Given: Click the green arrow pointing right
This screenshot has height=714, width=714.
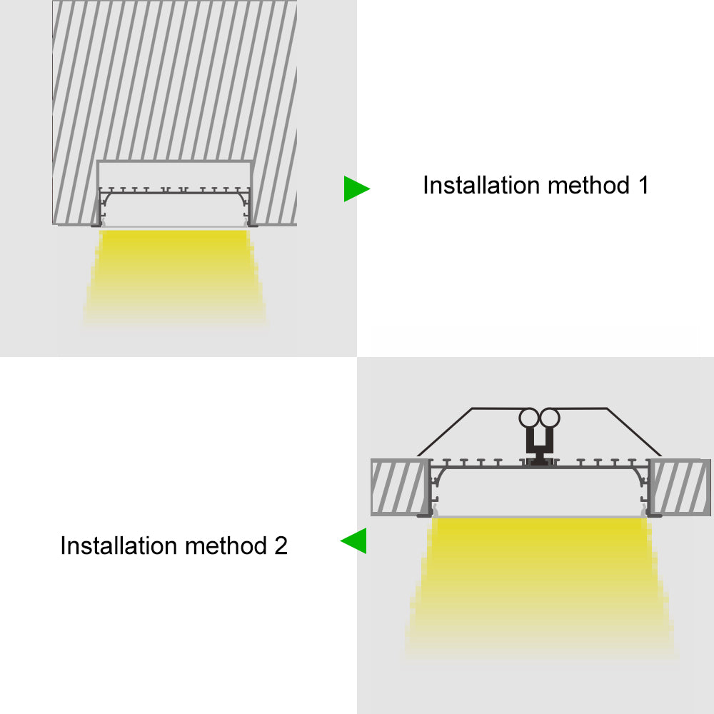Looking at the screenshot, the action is point(355,188).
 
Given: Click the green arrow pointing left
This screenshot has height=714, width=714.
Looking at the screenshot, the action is point(355,541).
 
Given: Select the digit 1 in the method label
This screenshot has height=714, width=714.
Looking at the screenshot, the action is point(643,186).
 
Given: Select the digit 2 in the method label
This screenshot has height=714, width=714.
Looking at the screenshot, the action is point(281,545).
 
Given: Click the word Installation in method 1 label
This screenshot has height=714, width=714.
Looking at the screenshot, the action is point(482,186).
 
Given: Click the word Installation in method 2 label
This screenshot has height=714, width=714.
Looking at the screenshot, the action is point(119,545).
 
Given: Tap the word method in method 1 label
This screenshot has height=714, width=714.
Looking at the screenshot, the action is point(589,186).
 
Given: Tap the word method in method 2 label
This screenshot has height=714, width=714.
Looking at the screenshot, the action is point(226,545).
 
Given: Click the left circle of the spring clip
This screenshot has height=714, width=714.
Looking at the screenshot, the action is point(528,418).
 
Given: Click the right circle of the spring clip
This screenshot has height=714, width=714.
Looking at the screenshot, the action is point(550,418).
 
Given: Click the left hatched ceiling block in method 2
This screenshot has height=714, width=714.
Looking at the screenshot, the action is point(400,486).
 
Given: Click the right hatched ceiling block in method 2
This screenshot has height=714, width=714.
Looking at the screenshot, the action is point(680,486).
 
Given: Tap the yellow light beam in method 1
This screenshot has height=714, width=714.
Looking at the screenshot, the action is point(174,276).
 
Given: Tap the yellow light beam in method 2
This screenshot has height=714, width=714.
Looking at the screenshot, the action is point(538,585).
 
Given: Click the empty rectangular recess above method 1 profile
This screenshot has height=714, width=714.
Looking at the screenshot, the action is point(175,175).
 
